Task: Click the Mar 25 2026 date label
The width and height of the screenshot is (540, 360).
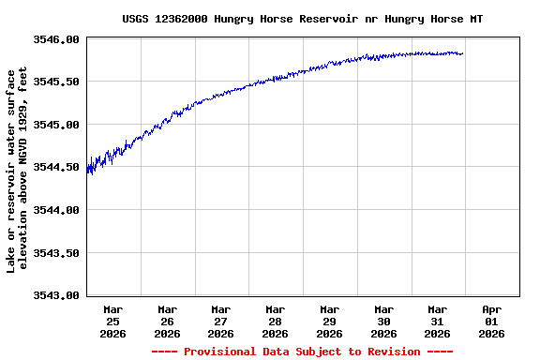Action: pos(113,321)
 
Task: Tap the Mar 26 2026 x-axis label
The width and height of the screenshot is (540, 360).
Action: pos(168,321)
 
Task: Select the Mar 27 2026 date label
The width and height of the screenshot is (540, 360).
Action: pos(221,321)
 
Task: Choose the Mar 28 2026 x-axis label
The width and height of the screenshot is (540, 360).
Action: pos(276,321)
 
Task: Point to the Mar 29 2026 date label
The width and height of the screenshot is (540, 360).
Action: pos(329,321)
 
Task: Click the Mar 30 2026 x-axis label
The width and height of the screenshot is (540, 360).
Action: pos(383,321)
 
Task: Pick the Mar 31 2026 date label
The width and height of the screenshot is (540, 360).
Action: pos(438,321)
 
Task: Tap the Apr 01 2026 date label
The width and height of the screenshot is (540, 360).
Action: pos(491,321)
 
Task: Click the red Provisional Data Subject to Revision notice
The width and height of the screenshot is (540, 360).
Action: pos(302,352)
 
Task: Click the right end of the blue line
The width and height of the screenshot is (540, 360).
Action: pos(463,53)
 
